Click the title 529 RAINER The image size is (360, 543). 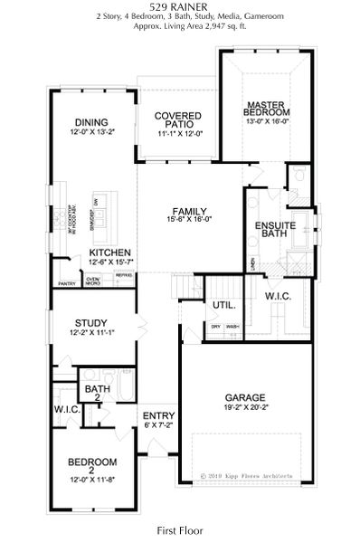(x=180, y=6)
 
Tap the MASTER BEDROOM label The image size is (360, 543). (x=268, y=110)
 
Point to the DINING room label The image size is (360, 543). (x=91, y=123)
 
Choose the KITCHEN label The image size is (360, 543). (x=110, y=252)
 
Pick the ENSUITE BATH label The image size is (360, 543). (x=271, y=228)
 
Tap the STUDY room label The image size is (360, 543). (x=91, y=322)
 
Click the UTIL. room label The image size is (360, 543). (x=223, y=305)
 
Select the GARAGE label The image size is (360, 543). (x=245, y=397)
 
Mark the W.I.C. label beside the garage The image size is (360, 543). (x=279, y=296)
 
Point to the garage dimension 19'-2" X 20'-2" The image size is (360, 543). (x=245, y=408)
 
